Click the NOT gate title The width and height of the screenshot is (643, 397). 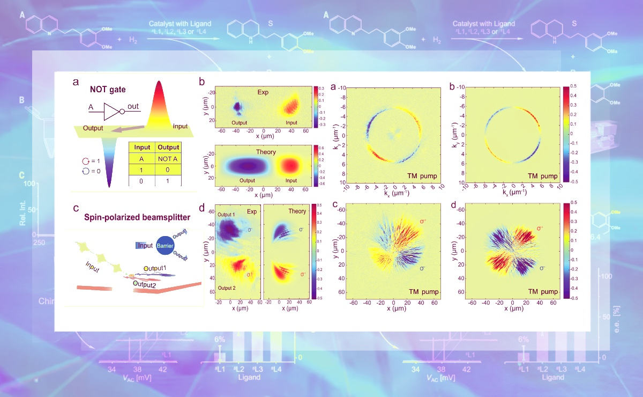(108, 90)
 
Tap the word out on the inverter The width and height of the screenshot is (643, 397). (133, 106)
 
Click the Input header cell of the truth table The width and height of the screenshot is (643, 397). (142, 146)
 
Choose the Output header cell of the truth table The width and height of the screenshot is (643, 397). (167, 146)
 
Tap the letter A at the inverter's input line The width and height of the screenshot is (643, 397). (91, 107)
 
